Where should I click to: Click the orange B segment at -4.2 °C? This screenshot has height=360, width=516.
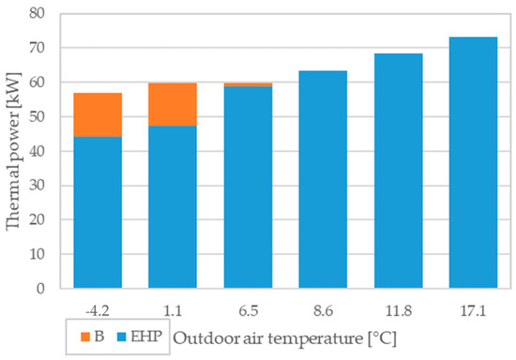click(x=98, y=114)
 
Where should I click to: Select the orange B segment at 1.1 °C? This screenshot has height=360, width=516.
click(x=173, y=105)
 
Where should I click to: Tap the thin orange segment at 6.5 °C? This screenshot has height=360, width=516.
click(x=248, y=84)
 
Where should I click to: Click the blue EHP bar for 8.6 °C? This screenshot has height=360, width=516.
click(x=323, y=179)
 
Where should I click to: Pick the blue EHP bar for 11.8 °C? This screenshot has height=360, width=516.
click(x=399, y=171)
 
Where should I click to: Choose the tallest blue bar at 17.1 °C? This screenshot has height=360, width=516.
click(x=473, y=163)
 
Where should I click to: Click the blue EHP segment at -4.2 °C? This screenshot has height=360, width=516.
click(x=98, y=213)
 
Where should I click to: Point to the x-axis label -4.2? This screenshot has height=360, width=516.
click(x=97, y=310)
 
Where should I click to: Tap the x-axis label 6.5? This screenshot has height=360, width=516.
click(x=249, y=310)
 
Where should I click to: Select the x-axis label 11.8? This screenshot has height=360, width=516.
click(x=399, y=310)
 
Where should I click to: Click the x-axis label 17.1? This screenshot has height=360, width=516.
click(x=473, y=310)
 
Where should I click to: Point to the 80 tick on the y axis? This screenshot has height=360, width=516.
click(x=37, y=13)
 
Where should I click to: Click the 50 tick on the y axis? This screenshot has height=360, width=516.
click(x=37, y=116)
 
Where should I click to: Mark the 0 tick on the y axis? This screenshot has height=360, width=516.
click(x=40, y=289)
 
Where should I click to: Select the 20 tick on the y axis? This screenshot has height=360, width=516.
click(x=37, y=219)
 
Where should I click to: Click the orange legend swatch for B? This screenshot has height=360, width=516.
click(x=85, y=337)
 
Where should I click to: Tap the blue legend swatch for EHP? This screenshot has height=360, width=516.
click(x=122, y=337)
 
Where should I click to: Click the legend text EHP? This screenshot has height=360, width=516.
click(x=146, y=337)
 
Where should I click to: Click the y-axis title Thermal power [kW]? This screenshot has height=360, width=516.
click(x=13, y=151)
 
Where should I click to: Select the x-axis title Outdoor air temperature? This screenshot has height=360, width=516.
click(x=267, y=338)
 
